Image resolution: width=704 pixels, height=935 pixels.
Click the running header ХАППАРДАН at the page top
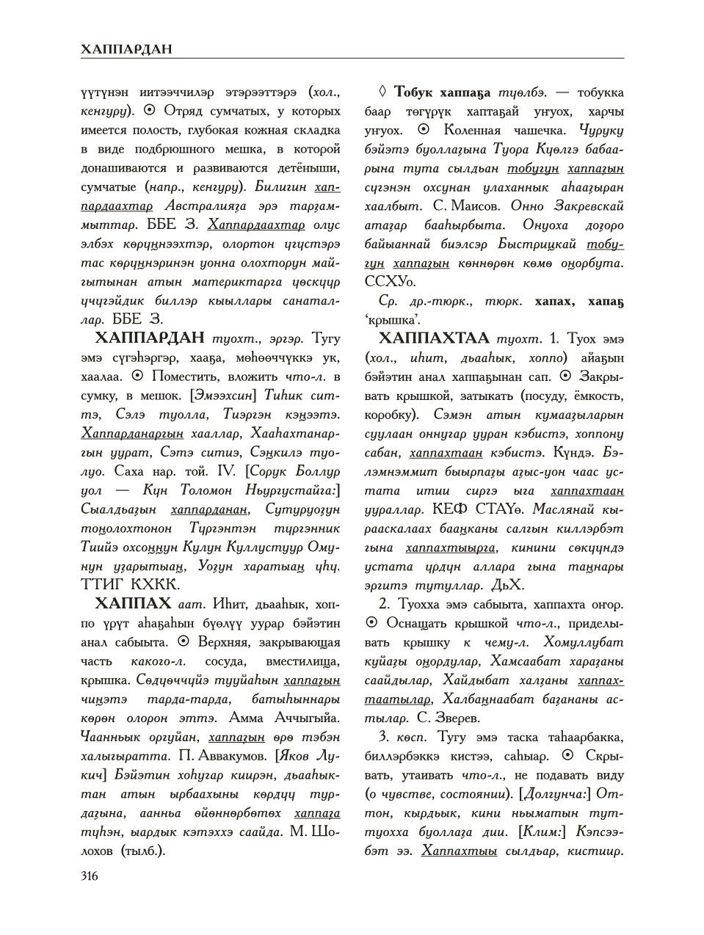pyautogui.click(x=127, y=48)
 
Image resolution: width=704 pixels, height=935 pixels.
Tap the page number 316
pyautogui.click(x=90, y=876)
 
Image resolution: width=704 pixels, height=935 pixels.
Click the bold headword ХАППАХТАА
pyautogui.click(x=434, y=338)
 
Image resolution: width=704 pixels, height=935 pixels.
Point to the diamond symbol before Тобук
pyautogui.click(x=381, y=92)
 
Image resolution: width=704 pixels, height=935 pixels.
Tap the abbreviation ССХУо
pyautogui.click(x=391, y=282)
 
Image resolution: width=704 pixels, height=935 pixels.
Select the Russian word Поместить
pyautogui.click(x=187, y=376)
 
